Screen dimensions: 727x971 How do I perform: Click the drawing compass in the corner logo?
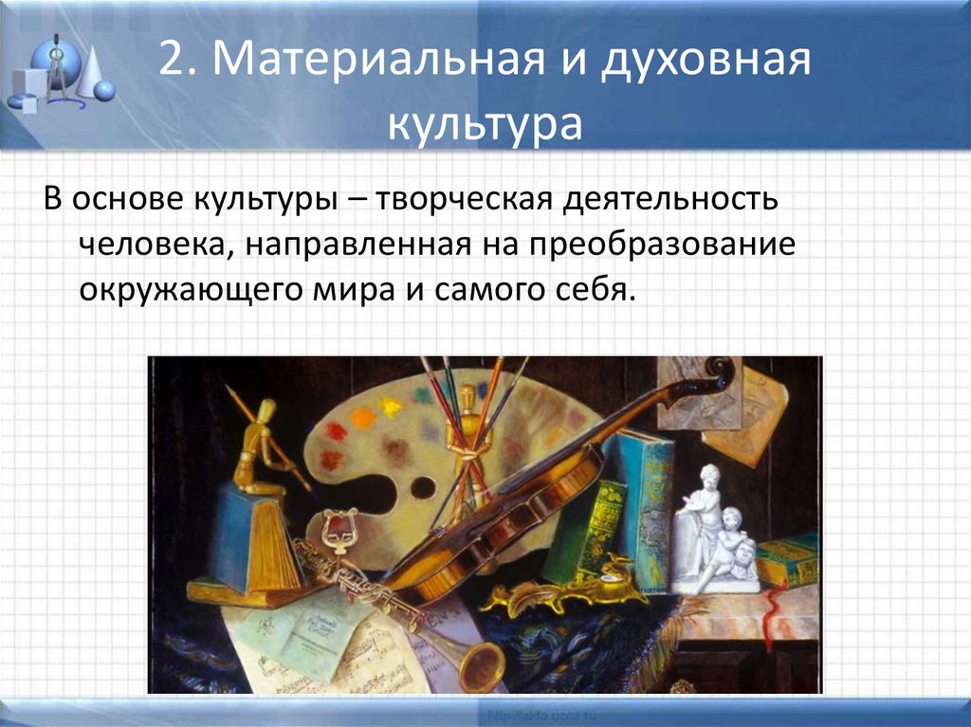(57, 66)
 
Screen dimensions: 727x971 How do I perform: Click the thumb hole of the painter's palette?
(423, 487)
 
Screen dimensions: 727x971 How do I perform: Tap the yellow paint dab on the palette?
(390, 407)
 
